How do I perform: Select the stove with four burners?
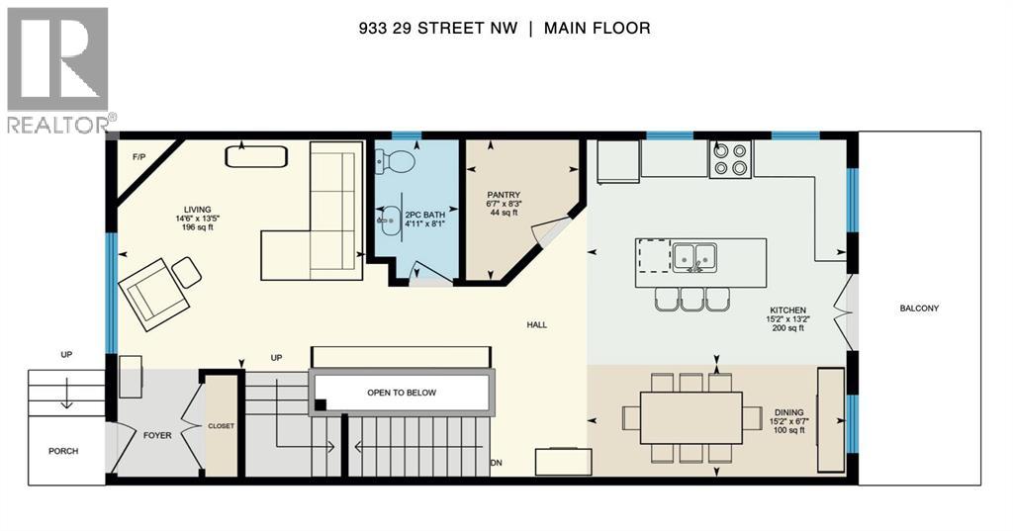pyautogui.click(x=730, y=159)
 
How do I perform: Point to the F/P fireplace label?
pyautogui.click(x=138, y=157)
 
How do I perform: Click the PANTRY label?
pyautogui.click(x=510, y=196)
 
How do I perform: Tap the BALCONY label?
pyautogui.click(x=919, y=309)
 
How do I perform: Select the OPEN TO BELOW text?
pyautogui.click(x=402, y=393)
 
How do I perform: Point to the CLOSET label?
pyautogui.click(x=221, y=426)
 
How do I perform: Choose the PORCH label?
pyautogui.click(x=62, y=451)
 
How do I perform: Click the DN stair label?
pyautogui.click(x=496, y=462)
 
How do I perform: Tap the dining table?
pyautogui.click(x=691, y=418)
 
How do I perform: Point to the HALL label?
pyautogui.click(x=537, y=324)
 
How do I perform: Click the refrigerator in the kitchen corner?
pyautogui.click(x=617, y=161)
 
